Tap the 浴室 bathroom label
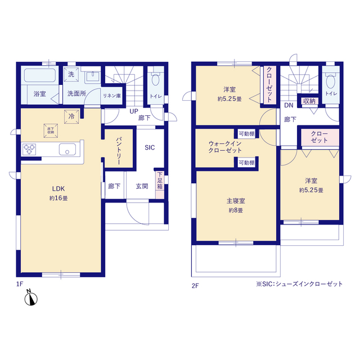point(40,94)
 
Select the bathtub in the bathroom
point(40,75)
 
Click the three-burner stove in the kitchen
point(29,149)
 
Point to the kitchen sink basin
point(67,150)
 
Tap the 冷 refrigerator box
point(71,116)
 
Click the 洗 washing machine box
point(71,74)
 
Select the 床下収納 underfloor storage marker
point(51,131)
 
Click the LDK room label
point(58,189)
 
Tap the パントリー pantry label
point(119,151)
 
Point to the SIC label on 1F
point(150,147)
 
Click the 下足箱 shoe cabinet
point(160,185)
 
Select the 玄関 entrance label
point(142,186)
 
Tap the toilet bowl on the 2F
point(331,81)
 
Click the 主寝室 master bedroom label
point(236,201)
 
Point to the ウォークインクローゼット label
point(225,147)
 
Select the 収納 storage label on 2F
point(309,101)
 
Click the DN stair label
point(289,105)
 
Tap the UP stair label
point(134,111)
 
